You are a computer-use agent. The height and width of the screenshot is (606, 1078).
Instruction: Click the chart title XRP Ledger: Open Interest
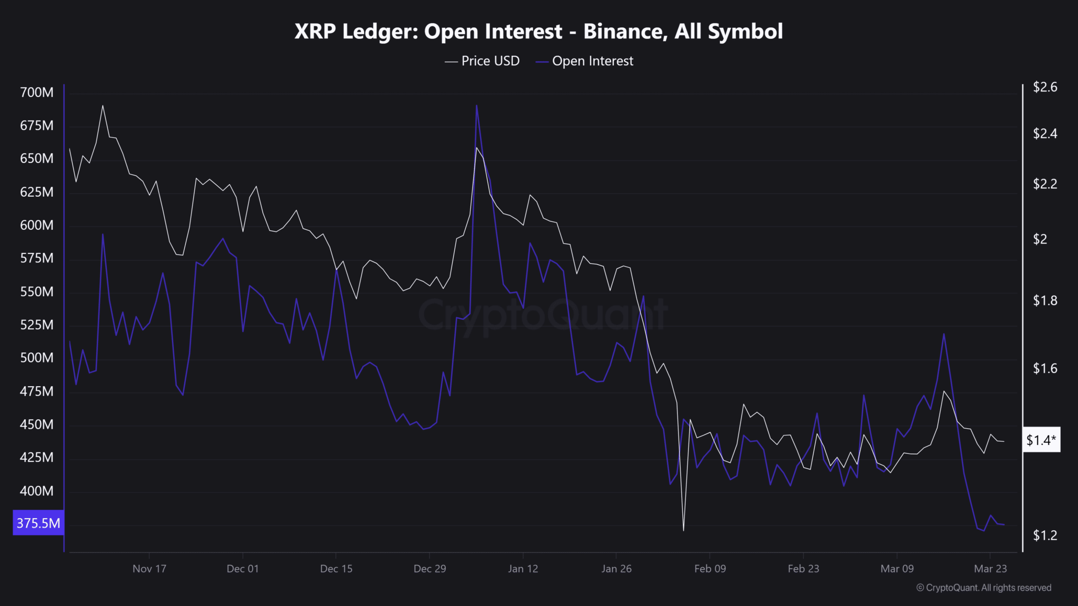point(538,32)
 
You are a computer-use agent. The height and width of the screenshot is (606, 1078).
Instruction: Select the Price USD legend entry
point(483,61)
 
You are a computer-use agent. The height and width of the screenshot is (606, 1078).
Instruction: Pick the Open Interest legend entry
point(585,61)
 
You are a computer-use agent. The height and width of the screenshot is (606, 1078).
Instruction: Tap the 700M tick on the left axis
point(36,93)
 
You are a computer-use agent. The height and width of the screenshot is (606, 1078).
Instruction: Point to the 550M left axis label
point(36,292)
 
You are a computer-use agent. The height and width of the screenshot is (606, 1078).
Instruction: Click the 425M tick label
point(36,458)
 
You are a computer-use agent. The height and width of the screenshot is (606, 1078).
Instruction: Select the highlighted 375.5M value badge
point(38,523)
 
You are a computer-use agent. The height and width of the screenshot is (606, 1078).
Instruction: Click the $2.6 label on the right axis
point(1045,87)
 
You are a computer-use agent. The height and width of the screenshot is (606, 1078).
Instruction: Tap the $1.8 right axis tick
point(1045,300)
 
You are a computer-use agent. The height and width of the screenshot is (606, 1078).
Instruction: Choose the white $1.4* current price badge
point(1041,440)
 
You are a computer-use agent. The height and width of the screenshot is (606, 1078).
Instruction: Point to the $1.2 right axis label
point(1045,536)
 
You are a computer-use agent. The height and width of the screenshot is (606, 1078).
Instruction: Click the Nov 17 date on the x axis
point(149,569)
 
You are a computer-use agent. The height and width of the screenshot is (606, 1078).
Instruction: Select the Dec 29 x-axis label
point(430,569)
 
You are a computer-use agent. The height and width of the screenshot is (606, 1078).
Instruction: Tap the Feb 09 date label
point(710,569)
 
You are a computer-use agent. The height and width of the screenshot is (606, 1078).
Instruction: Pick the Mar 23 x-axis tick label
point(990,569)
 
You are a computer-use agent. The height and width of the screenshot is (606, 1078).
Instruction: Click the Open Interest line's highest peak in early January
point(476,106)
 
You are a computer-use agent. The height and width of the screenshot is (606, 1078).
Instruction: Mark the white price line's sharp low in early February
point(683,530)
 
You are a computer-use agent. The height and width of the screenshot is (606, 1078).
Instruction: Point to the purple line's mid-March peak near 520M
point(944,334)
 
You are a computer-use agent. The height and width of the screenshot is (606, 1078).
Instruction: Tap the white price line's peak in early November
point(103,106)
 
